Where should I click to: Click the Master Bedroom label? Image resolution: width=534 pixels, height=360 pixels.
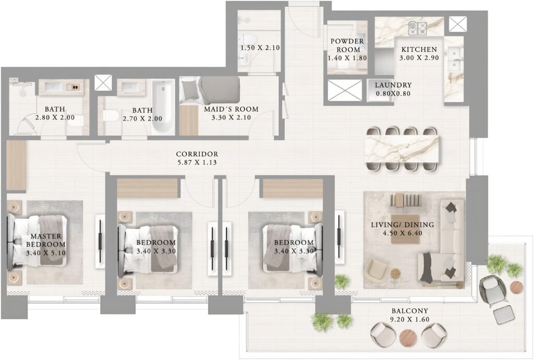click(46, 240)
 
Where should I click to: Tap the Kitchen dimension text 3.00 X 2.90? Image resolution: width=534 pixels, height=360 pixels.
click(419, 57)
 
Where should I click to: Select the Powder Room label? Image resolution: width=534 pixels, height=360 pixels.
click(347, 45)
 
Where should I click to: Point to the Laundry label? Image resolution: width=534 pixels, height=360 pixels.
click(393, 85)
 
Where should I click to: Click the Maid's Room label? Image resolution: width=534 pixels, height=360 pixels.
click(231, 110)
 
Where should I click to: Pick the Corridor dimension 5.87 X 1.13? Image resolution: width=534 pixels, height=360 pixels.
click(197, 162)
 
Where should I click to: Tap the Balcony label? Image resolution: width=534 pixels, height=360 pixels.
click(410, 311)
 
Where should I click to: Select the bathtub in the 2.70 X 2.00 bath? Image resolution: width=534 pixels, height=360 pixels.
click(163, 106)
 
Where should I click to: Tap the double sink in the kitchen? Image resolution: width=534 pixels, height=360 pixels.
click(454, 58)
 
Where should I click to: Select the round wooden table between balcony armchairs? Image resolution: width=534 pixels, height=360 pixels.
click(408, 338)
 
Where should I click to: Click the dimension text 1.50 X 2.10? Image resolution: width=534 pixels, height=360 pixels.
click(260, 47)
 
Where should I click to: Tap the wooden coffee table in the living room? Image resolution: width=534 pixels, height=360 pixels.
click(405, 229)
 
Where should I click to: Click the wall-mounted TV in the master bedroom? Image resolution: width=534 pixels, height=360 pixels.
click(100, 241)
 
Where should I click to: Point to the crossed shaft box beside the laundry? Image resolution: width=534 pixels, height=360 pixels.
click(345, 90)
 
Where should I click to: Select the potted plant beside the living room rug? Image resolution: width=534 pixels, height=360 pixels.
click(342, 282)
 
